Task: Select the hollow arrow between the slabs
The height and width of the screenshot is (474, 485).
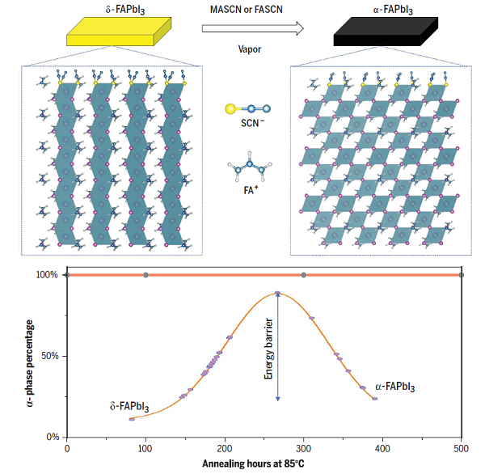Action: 253,29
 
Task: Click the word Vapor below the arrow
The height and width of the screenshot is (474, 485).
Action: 251,50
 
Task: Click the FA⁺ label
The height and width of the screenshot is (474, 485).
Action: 246,192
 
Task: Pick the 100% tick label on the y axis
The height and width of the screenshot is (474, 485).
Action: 46,275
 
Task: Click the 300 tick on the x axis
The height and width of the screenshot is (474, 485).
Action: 303,447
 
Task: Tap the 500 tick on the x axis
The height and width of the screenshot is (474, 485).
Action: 461,447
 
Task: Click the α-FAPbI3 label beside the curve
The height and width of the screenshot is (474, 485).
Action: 394,387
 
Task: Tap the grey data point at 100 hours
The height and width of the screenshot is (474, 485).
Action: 145,275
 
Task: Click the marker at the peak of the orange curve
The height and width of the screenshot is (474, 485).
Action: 277,294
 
